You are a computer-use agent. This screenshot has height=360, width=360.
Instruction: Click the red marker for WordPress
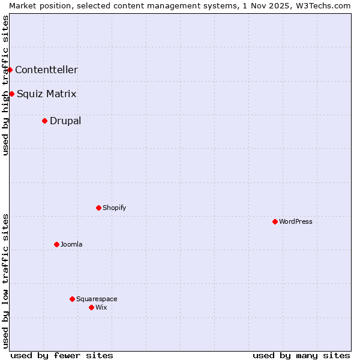(275, 221)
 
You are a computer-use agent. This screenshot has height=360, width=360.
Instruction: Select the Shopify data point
(98, 208)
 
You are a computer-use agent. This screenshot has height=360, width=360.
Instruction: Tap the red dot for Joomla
(56, 244)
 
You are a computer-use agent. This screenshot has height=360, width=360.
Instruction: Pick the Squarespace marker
(72, 299)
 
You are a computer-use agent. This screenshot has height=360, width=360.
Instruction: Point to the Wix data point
(91, 307)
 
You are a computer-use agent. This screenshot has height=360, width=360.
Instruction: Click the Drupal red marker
(44, 121)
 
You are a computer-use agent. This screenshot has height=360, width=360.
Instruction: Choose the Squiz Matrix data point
(11, 94)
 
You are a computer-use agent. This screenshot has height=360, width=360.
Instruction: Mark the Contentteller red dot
(10, 70)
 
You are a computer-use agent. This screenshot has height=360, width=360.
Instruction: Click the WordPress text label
(296, 221)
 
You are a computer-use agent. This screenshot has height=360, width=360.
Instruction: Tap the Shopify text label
(114, 208)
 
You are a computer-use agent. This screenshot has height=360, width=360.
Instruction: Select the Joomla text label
(71, 244)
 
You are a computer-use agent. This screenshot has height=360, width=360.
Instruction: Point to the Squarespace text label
(97, 299)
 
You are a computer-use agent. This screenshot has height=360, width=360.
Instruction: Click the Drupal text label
(65, 121)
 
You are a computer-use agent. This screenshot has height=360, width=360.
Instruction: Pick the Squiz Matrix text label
(47, 94)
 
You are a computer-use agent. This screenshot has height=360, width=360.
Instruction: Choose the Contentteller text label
(46, 70)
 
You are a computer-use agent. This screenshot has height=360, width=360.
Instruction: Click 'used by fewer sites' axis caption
(62, 355)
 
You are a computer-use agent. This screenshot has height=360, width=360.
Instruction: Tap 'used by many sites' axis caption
(301, 355)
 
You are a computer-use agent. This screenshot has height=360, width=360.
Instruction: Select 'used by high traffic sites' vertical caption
(5, 85)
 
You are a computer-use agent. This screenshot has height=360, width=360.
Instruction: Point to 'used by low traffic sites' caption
(5, 281)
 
